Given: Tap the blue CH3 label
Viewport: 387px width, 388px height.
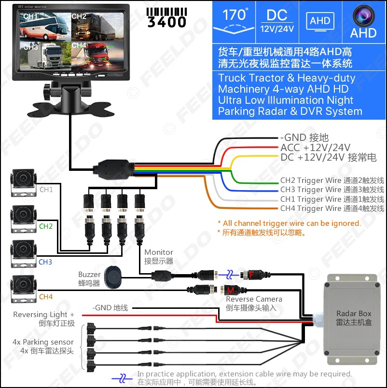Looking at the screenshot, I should (x=45, y=262).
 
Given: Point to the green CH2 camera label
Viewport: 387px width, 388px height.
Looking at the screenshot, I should (x=46, y=226).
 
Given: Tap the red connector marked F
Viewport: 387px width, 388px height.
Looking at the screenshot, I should (x=251, y=274).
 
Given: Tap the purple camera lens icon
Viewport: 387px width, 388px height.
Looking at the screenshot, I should (x=363, y=15).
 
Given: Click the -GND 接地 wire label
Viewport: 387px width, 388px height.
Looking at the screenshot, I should (x=304, y=138).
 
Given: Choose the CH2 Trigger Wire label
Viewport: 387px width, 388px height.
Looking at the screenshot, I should (x=332, y=180).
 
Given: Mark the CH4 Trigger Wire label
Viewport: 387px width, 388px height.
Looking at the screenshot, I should (x=332, y=208).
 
